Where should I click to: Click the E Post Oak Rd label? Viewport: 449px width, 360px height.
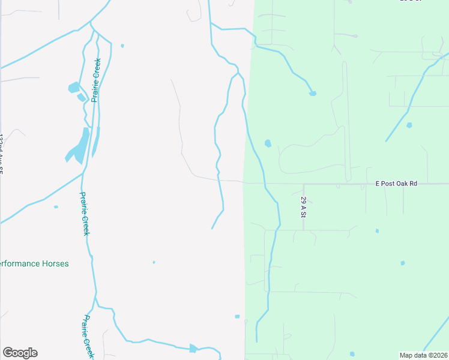pyautogui.click(x=396, y=183)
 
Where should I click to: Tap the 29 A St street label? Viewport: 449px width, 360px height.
pyautogui.click(x=304, y=206)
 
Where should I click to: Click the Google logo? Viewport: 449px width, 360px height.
pyautogui.click(x=20, y=353)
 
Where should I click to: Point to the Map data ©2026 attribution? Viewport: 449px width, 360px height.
pyautogui.click(x=424, y=355)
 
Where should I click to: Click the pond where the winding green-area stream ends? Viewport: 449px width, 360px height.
pyautogui.click(x=312, y=93)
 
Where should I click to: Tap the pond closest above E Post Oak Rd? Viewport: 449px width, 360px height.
pyautogui.click(x=268, y=143)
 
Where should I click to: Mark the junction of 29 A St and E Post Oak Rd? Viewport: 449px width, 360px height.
pyautogui.click(x=304, y=184)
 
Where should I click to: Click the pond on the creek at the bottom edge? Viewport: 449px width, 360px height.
pyautogui.click(x=193, y=349)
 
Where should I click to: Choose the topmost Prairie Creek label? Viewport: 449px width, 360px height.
pyautogui.click(x=95, y=80)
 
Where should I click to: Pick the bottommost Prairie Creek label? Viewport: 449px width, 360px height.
pyautogui.click(x=88, y=337)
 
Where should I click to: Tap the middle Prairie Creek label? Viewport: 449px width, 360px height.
pyautogui.click(x=85, y=214)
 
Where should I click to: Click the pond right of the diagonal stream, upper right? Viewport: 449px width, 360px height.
pyautogui.click(x=409, y=125)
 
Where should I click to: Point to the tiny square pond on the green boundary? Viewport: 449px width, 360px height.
pyautogui.click(x=237, y=316)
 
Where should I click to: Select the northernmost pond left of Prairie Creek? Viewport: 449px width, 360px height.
pyautogui.click(x=73, y=88)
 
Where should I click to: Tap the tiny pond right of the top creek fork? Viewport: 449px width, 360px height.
pyautogui.click(x=122, y=46)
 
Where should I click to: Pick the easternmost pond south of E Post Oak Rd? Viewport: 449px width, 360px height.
pyautogui.click(x=402, y=263)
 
